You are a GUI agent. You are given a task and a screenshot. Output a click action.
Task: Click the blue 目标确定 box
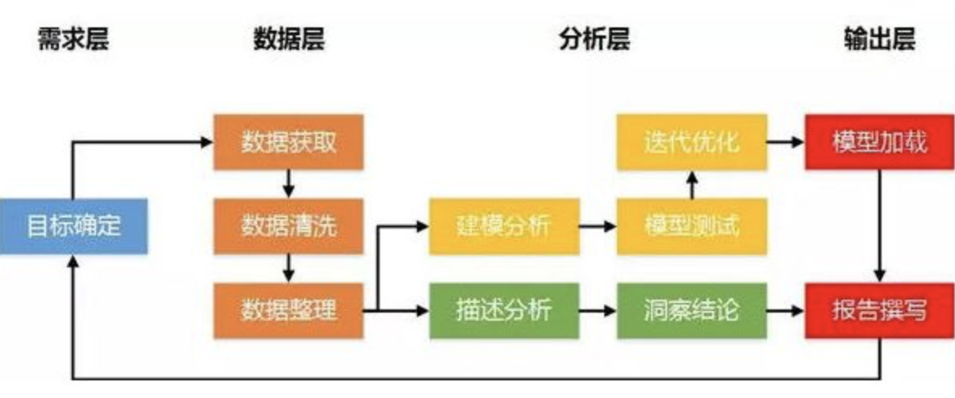pyautogui.click(x=73, y=226)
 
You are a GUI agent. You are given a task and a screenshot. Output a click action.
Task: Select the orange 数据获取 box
pyautogui.click(x=289, y=143)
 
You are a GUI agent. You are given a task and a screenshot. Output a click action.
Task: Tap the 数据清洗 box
pyautogui.click(x=289, y=226)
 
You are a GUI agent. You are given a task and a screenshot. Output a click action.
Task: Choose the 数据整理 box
pyautogui.click(x=289, y=309)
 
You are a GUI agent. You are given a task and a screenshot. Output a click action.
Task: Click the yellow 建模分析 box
pyautogui.click(x=503, y=226)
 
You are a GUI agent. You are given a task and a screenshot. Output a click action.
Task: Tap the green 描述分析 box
pyautogui.click(x=503, y=309)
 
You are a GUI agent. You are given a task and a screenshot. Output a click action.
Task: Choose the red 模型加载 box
pyautogui.click(x=880, y=143)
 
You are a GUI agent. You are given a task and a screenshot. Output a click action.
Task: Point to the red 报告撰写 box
pyautogui.click(x=880, y=309)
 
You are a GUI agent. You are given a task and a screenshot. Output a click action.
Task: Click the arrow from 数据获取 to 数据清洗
pyautogui.click(x=289, y=184)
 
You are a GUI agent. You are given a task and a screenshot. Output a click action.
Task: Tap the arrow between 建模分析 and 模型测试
pyautogui.click(x=598, y=226)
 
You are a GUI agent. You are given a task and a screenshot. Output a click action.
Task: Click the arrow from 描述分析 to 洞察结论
pyautogui.click(x=598, y=309)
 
